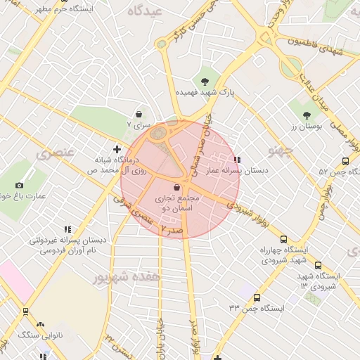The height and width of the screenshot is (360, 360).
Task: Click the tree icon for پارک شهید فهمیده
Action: [205, 82]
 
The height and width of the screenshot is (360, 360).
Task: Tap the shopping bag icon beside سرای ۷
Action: [139, 114]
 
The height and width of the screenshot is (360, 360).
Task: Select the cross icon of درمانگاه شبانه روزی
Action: [117, 148]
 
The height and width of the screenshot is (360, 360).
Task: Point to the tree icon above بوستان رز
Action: [306, 115]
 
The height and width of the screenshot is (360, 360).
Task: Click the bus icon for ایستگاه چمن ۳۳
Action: [257, 297]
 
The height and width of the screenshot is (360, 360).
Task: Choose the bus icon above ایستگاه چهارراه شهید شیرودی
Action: [283, 239]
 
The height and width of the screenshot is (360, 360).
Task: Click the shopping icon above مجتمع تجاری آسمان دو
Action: [176, 187]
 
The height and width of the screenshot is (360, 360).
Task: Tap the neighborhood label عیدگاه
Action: [145, 12]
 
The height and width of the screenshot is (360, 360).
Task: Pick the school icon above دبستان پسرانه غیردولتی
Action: [67, 229]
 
